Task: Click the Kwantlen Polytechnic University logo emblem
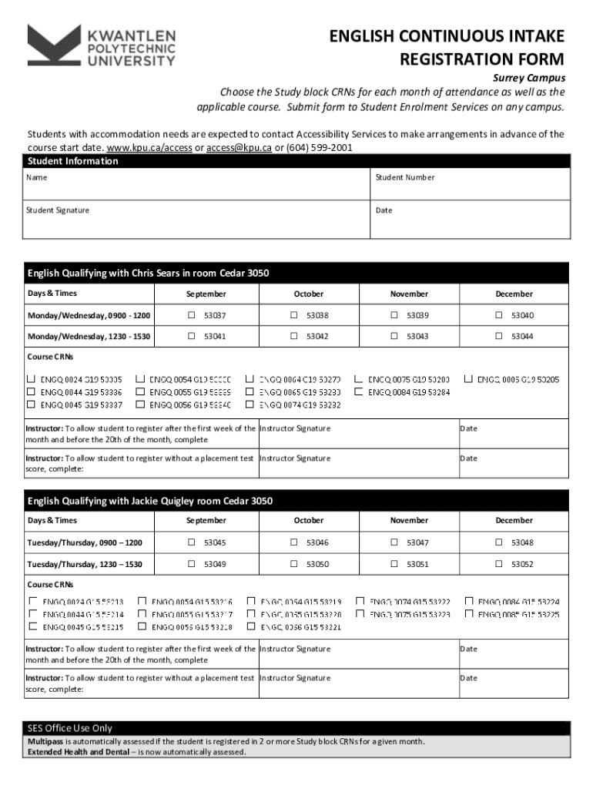coord(54,45)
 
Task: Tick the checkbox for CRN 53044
coord(498,336)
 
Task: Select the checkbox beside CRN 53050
coord(293,564)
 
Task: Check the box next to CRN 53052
coord(498,564)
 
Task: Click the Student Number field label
coord(404,177)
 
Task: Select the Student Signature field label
coord(58,210)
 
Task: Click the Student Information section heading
coord(73,161)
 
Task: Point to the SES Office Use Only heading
coord(70,728)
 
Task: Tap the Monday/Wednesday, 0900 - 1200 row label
coord(89,316)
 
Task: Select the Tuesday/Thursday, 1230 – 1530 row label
coord(85,564)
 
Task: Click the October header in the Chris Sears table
coord(309,294)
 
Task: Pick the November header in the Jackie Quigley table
coord(409,520)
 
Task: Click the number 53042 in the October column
coord(317,336)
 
